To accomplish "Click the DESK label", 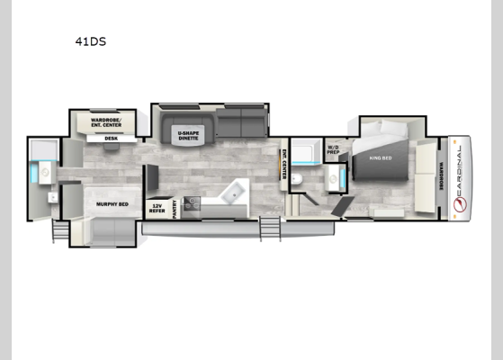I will pyautogui.click(x=112, y=139).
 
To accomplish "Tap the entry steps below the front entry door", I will pyautogui.click(x=267, y=229).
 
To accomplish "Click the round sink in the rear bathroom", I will pyautogui.click(x=49, y=195).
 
